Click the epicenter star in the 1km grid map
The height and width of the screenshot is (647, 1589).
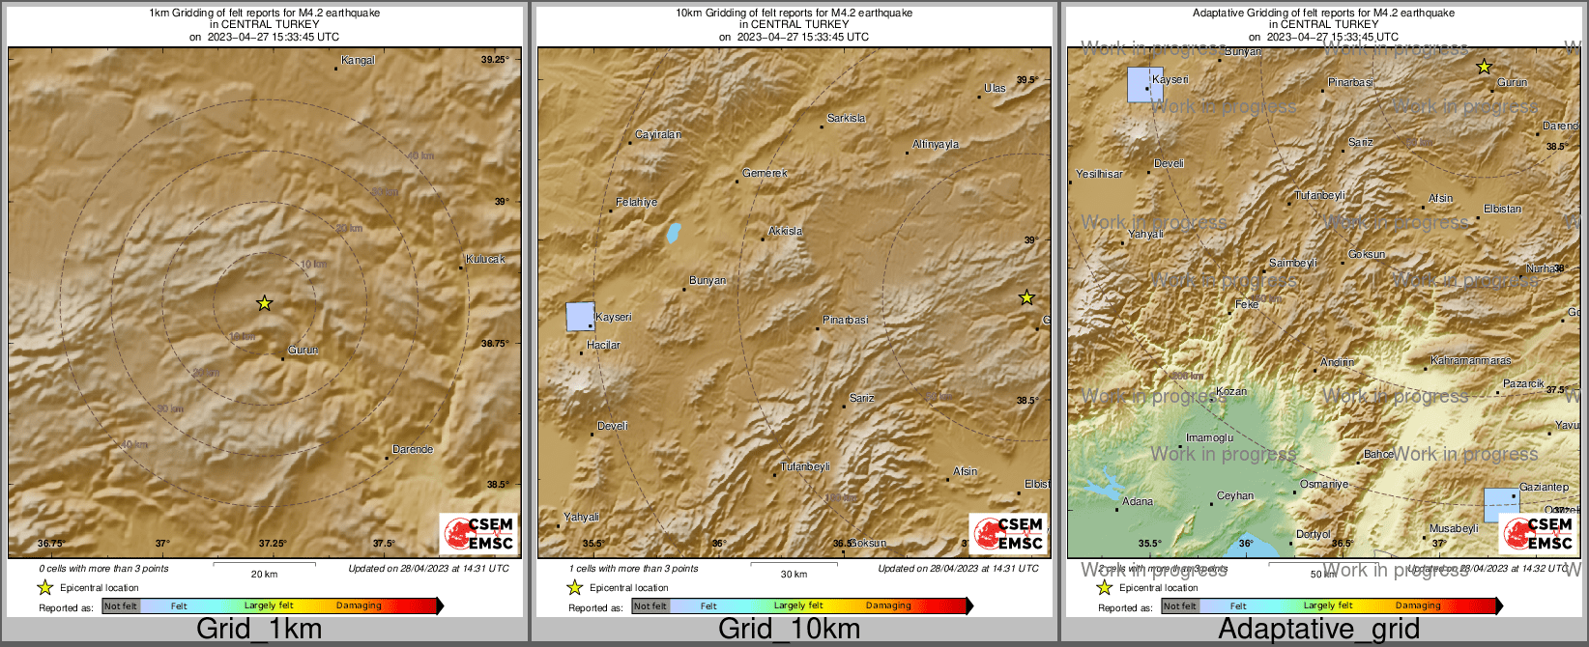pyautogui.click(x=264, y=303)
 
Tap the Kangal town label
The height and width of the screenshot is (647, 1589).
pyautogui.click(x=358, y=60)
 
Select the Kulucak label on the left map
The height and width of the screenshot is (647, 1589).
pyautogui.click(x=485, y=259)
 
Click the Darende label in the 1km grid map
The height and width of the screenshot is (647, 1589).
pyautogui.click(x=413, y=449)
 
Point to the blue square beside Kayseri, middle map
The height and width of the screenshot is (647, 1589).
pyautogui.click(x=580, y=317)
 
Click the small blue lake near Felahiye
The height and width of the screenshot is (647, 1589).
pyautogui.click(x=673, y=233)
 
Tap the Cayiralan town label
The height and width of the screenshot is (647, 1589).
pyautogui.click(x=658, y=134)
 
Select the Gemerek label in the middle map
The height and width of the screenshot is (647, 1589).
pyautogui.click(x=765, y=173)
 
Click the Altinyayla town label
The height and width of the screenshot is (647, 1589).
pyautogui.click(x=936, y=144)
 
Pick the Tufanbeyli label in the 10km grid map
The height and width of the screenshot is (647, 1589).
pyautogui.click(x=805, y=466)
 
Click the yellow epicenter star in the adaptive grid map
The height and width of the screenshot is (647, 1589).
pyautogui.click(x=1484, y=67)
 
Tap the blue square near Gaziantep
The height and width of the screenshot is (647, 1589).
pyautogui.click(x=1501, y=505)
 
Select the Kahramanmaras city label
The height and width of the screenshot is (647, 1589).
pyautogui.click(x=1470, y=360)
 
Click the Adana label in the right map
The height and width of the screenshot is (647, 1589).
pyautogui.click(x=1138, y=501)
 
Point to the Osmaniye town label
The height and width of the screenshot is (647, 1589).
pyautogui.click(x=1323, y=484)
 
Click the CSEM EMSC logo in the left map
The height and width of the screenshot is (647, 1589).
pyautogui.click(x=478, y=533)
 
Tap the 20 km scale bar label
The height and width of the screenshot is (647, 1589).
pyautogui.click(x=264, y=574)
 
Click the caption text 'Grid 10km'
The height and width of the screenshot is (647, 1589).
pyautogui.click(x=789, y=629)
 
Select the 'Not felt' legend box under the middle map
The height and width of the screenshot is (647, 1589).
pyautogui.click(x=650, y=606)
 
